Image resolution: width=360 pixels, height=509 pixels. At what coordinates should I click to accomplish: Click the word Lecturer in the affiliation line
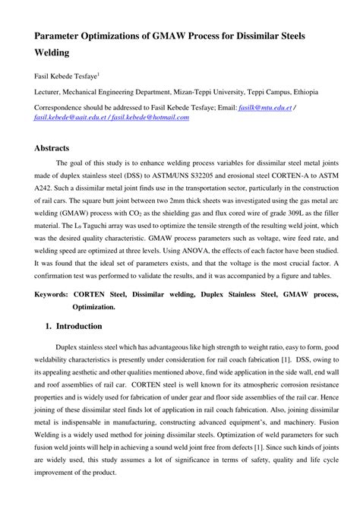pos(48,92)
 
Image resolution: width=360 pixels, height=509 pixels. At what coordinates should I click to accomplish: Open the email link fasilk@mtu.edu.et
pos(261,108)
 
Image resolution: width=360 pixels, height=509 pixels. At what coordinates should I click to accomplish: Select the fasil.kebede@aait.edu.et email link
pos(62,120)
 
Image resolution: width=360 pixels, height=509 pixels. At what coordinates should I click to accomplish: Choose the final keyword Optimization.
pos(94,306)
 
